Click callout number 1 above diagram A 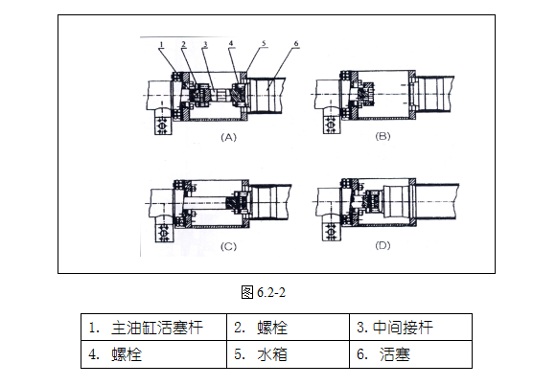click(x=162, y=44)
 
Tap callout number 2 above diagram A click(x=183, y=44)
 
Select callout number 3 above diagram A click(x=205, y=44)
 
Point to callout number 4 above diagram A click(x=231, y=44)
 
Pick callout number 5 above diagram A click(x=264, y=43)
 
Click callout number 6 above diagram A click(x=296, y=44)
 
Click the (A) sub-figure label click(x=228, y=138)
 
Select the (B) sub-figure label click(x=382, y=136)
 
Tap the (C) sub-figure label click(x=228, y=246)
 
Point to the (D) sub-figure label click(x=382, y=245)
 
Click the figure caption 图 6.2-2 click(x=264, y=292)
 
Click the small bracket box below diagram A click(x=163, y=125)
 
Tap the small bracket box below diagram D click(x=331, y=232)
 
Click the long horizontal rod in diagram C click(x=204, y=203)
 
